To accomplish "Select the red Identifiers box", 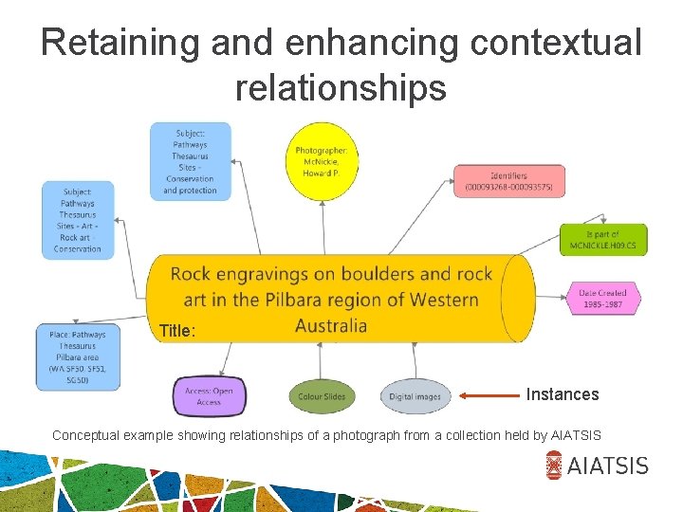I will point(508,180).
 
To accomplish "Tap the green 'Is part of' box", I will point(603,240).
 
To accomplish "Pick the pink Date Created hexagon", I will point(603,299).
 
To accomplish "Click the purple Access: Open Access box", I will point(210,396).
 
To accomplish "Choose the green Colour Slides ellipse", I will point(323,396).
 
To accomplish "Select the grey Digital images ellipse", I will point(415,396).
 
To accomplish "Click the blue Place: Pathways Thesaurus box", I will point(79,357).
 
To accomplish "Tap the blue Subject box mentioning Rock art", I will point(78,220).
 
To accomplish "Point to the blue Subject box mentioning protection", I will point(190,162).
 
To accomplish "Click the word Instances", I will point(563,394).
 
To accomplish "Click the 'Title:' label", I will point(177,332).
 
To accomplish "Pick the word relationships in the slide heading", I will point(341,87).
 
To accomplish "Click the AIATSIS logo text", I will point(609,465).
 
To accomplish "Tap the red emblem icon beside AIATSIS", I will point(555,465).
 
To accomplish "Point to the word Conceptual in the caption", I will point(87,435).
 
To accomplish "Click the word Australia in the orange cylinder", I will point(331,326).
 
